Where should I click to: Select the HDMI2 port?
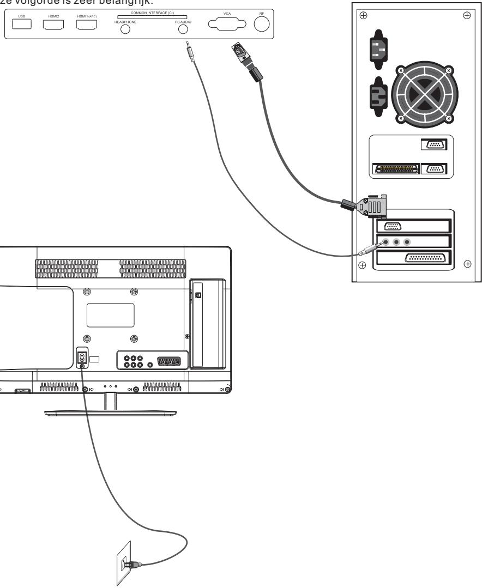(x=53, y=25)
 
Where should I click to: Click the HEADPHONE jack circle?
(x=125, y=30)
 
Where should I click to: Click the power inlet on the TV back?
(x=81, y=358)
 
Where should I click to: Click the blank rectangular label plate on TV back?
(x=111, y=315)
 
